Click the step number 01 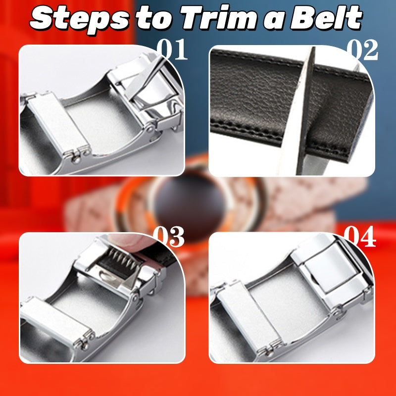click(172, 51)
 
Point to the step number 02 click(362, 51)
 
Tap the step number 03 click(169, 238)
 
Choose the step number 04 click(360, 238)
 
